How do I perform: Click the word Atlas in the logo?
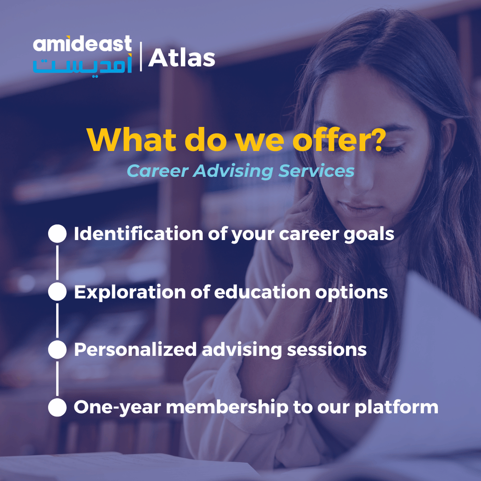click(x=182, y=58)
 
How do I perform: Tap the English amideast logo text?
click(x=82, y=45)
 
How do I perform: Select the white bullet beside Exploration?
click(x=57, y=292)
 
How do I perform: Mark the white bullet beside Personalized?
click(x=57, y=350)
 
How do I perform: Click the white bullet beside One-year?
click(x=57, y=408)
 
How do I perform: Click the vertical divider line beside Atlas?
click(x=141, y=57)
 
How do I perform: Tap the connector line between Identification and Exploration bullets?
click(x=57, y=263)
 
